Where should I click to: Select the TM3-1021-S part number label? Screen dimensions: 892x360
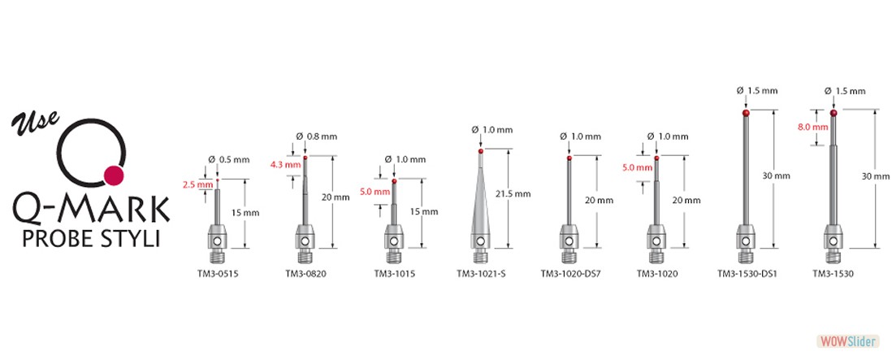(481, 274)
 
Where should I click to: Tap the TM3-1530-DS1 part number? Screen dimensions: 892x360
(747, 274)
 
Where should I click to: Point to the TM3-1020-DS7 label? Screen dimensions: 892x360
(570, 274)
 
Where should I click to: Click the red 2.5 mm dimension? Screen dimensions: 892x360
(193, 184)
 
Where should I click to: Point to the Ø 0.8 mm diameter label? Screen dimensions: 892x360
(317, 137)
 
